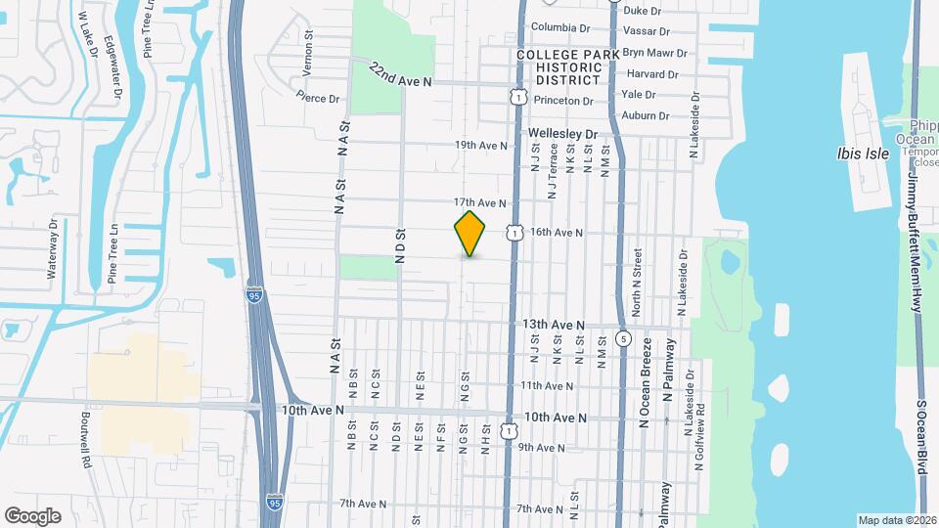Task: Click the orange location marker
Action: click(x=470, y=234)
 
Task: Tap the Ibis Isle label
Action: click(x=860, y=154)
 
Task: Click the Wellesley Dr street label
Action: click(x=562, y=133)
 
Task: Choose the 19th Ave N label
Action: click(x=481, y=146)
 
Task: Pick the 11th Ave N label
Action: click(x=546, y=386)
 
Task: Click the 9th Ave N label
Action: click(x=542, y=448)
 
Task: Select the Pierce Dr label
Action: click(x=317, y=98)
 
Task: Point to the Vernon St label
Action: click(x=308, y=47)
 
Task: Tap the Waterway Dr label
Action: click(x=53, y=250)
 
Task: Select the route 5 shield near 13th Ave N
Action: click(x=623, y=339)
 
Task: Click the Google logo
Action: click(x=32, y=516)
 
